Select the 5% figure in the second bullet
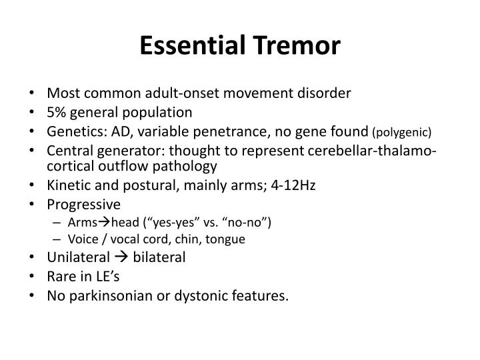[x=57, y=112]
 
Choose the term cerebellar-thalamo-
[x=376, y=149]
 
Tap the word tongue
[x=227, y=238]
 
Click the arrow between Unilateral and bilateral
[x=123, y=257]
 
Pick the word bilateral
[x=159, y=257]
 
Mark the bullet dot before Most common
[x=34, y=94]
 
